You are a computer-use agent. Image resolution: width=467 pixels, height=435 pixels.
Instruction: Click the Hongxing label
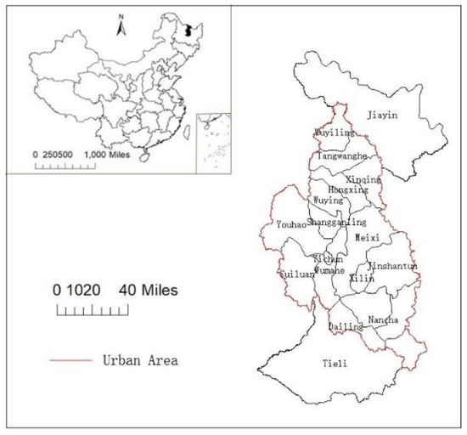coord(348,190)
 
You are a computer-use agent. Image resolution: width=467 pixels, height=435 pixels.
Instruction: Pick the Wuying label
coord(328,201)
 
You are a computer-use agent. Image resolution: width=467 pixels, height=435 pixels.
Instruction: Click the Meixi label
coord(368,237)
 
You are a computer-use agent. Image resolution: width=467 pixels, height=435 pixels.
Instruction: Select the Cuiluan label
coord(296,274)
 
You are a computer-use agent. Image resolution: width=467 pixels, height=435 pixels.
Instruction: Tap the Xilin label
coord(361,279)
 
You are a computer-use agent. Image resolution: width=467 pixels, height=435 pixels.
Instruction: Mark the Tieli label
coord(335,364)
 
